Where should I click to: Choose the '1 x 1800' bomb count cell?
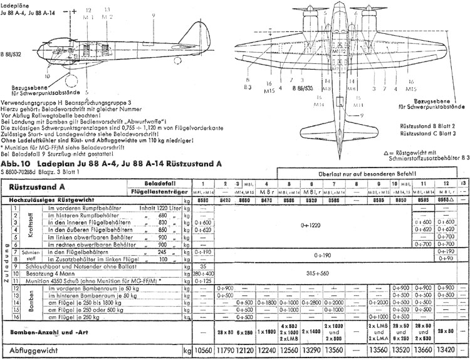267,331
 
